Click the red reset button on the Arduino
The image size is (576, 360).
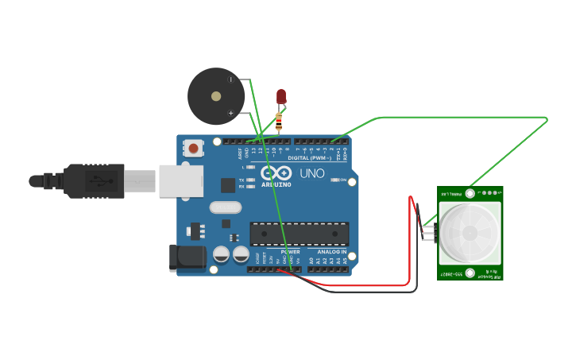[193, 148]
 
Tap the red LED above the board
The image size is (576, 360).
[280, 97]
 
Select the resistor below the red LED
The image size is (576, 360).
[279, 122]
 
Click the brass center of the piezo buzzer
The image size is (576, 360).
[216, 96]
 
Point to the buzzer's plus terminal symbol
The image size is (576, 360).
[231, 113]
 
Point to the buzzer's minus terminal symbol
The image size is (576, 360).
[231, 79]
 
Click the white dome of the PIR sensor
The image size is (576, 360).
[470, 232]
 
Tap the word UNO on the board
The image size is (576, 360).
[311, 173]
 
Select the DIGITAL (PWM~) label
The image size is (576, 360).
[309, 158]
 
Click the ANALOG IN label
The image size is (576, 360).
[332, 251]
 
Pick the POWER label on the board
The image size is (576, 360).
[290, 251]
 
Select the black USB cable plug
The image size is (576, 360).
[95, 180]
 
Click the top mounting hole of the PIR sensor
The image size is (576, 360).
[470, 193]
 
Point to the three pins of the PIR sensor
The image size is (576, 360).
[428, 232]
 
